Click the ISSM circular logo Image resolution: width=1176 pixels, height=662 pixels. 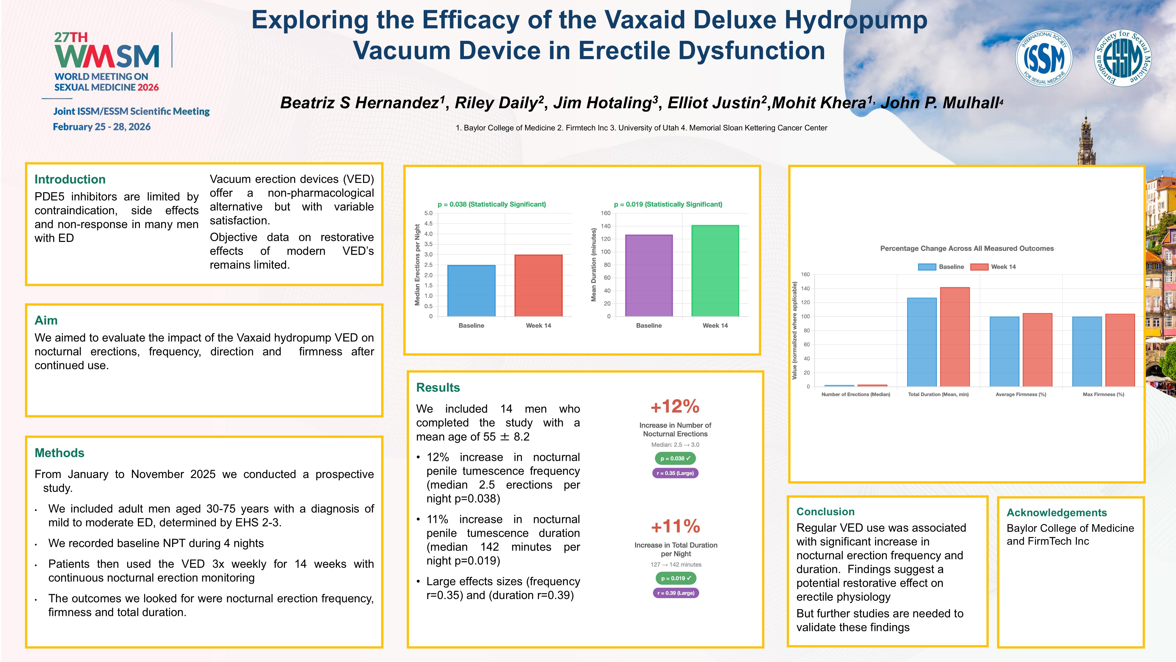[1043, 58]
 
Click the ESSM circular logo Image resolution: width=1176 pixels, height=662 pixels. [1123, 58]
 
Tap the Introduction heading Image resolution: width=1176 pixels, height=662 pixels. [70, 179]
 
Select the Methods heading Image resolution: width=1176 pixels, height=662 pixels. [59, 453]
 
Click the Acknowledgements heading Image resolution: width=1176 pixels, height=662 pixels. [1057, 513]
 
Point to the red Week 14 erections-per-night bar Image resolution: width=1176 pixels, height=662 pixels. [538, 285]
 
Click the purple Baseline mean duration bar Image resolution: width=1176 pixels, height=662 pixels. [649, 275]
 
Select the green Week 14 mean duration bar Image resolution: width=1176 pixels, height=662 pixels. [715, 270]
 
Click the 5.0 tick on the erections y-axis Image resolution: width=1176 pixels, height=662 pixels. [428, 213]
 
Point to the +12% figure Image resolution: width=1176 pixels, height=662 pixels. [675, 406]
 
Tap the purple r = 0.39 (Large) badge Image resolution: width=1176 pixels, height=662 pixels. [676, 593]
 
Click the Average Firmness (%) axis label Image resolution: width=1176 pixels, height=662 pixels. [1021, 394]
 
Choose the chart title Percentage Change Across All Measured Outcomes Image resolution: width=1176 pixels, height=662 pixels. [967, 249]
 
